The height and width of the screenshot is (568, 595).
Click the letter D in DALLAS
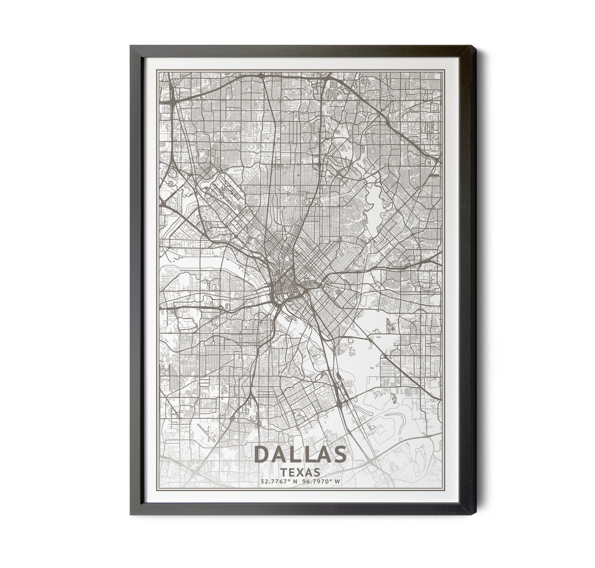(x=263, y=455)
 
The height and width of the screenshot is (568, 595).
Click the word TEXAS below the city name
(x=300, y=472)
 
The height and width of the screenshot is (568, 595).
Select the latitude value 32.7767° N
(x=279, y=482)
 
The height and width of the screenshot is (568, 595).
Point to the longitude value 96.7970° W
(x=321, y=482)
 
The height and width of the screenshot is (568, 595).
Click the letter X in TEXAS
(x=300, y=472)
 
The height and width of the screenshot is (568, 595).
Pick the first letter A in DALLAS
(x=280, y=455)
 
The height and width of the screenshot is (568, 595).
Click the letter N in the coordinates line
(x=295, y=482)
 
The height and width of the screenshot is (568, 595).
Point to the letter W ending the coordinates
(x=338, y=482)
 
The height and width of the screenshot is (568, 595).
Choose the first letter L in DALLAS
(x=295, y=455)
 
